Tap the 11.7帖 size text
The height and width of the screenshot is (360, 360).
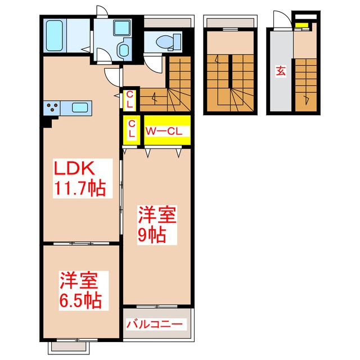coord(79,188)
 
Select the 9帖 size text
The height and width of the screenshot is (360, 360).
coord(152,235)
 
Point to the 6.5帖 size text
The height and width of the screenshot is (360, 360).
coord(80,300)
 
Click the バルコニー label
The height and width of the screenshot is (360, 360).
coord(155,325)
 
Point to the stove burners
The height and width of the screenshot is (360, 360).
coord(52,106)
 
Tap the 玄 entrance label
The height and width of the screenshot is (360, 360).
coord(280,71)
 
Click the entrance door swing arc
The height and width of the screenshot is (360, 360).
coord(280,19)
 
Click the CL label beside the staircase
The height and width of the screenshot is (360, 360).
coord(129,100)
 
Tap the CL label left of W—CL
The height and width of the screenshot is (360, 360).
coord(132,129)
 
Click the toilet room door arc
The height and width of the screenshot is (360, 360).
coord(152,64)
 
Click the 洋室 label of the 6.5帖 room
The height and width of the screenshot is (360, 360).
coord(80,280)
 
